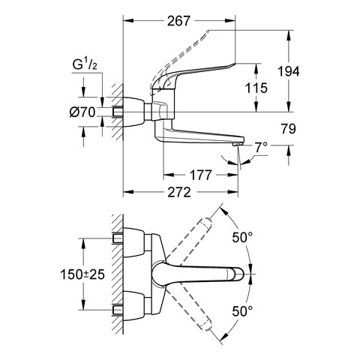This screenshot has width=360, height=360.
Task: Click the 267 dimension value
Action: [178, 21]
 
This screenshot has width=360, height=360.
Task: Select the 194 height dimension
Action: [289, 72]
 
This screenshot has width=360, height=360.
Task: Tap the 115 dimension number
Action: [256, 88]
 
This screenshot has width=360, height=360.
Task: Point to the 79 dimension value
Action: [288, 129]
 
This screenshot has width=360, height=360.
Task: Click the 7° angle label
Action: [260, 147]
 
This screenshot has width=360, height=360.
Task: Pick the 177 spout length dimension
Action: [201, 175]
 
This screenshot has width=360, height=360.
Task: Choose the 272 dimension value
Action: [179, 192]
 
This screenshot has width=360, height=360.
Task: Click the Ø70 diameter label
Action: [82, 112]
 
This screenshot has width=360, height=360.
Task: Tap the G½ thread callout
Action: [85, 64]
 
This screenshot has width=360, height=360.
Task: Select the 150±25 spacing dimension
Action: [82, 274]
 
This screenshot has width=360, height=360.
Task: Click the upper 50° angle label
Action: [242, 237]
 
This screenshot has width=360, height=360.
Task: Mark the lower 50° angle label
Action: [242, 311]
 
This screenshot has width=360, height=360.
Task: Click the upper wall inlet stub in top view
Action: [118, 238]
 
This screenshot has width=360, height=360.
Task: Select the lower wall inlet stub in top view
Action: [118, 310]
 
